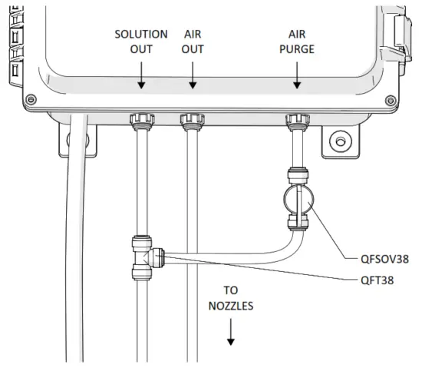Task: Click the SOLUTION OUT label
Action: click(141, 41)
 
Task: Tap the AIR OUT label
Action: click(193, 41)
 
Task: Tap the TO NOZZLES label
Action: click(230, 298)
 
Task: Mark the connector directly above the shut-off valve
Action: click(297, 173)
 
